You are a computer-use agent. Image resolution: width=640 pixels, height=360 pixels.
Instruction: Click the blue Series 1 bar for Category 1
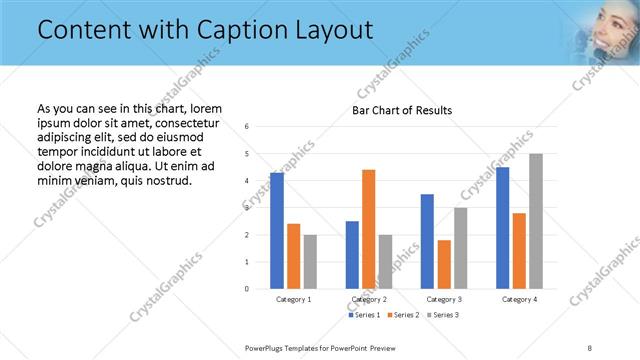click(x=277, y=230)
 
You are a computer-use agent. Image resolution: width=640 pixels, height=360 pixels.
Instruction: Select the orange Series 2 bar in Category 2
click(x=368, y=229)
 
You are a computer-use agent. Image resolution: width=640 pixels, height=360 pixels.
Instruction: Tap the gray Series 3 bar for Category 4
click(x=536, y=221)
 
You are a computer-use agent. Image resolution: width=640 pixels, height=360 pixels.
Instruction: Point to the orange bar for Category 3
click(x=444, y=264)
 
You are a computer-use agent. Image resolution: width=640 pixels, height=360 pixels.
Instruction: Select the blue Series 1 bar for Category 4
click(x=502, y=228)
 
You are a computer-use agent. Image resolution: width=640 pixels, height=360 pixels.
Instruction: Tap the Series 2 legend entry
click(x=403, y=315)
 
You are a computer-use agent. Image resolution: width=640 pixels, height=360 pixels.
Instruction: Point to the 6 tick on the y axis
click(x=246, y=127)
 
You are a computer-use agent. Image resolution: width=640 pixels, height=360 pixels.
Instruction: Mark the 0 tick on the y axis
click(x=246, y=289)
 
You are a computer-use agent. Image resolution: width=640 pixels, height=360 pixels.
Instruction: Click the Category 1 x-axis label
click(x=294, y=299)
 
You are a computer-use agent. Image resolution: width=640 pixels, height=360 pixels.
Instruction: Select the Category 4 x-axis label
click(x=519, y=299)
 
